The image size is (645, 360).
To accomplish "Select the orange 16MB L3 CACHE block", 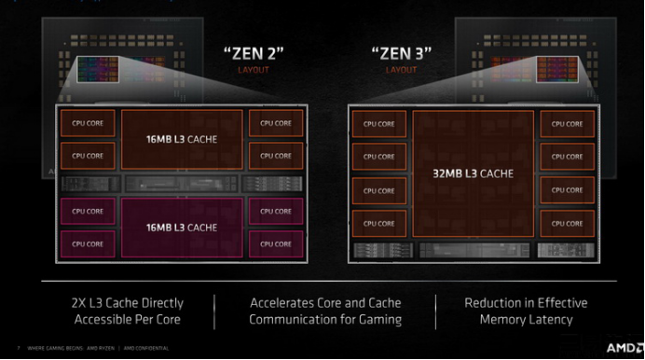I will [183, 139].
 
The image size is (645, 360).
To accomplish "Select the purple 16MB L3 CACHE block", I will [183, 227].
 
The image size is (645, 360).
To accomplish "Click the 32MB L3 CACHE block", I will [473, 173].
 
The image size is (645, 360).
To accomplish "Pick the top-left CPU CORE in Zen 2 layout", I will [88, 123].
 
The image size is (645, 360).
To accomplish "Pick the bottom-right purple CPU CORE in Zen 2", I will [276, 243].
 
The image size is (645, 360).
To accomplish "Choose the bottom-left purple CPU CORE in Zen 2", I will [88, 243].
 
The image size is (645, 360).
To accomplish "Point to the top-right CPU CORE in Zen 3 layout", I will [567, 123].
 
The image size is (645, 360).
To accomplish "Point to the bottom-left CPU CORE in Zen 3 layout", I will [378, 224].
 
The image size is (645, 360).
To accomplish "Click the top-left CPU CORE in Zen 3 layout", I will [378, 123].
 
